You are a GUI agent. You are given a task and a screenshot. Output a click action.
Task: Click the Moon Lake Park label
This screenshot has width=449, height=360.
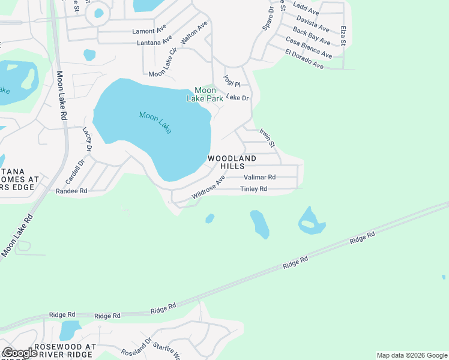[205, 94]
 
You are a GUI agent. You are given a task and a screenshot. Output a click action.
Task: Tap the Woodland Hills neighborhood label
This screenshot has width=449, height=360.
[232, 162]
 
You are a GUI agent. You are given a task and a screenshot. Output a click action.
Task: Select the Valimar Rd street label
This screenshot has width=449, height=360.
[259, 178]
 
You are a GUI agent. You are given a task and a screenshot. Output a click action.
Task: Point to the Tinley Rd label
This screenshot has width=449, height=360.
[253, 189]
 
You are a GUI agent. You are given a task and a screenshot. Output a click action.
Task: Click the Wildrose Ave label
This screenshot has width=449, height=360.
[208, 188]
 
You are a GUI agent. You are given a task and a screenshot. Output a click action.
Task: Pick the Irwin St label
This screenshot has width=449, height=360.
[267, 137]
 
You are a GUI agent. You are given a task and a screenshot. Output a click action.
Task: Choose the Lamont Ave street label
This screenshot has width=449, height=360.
[149, 31]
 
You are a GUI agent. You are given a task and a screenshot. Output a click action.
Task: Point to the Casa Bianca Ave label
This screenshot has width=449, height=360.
[309, 48]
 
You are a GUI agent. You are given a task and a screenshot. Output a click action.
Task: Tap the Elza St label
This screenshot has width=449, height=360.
[343, 36]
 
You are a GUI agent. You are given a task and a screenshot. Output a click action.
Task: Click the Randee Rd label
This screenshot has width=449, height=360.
[71, 191]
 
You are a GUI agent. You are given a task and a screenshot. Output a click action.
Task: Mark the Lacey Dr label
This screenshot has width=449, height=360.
[88, 139]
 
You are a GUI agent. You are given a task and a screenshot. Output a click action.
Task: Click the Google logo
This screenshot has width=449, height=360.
[20, 352]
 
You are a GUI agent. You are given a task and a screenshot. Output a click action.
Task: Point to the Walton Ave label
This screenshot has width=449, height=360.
[194, 32]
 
